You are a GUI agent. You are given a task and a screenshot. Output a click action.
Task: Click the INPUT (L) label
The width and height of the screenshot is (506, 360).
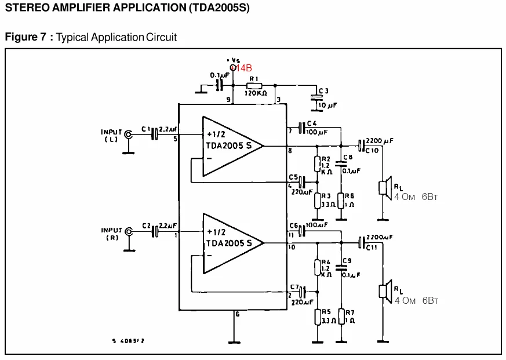click(x=111, y=136)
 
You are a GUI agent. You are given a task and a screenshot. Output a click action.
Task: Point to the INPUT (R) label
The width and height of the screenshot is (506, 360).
click(x=112, y=234)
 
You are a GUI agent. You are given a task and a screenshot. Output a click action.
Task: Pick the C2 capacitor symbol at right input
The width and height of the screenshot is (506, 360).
click(x=155, y=232)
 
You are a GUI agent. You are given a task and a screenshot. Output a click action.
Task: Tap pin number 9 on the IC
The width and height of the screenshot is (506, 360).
click(x=228, y=100)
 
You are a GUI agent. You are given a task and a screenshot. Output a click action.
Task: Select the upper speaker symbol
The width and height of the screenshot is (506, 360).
click(x=384, y=187)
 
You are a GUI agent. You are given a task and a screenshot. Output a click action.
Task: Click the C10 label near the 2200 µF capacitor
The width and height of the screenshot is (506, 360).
click(x=372, y=151)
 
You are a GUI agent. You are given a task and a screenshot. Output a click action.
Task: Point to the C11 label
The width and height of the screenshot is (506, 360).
click(x=372, y=248)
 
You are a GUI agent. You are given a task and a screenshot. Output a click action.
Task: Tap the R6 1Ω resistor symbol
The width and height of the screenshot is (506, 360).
click(x=341, y=201)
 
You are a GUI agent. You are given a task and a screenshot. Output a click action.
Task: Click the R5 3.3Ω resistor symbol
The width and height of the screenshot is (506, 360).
click(x=317, y=317)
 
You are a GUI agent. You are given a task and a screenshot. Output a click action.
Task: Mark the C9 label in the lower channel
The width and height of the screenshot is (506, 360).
click(x=347, y=260)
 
